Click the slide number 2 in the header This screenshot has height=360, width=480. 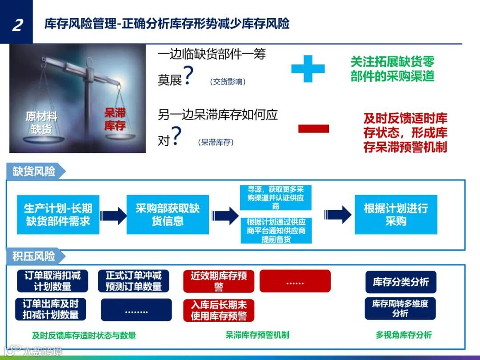(x=17, y=24)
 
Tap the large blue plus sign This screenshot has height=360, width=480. (x=308, y=68)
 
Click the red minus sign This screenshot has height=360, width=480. (x=313, y=129)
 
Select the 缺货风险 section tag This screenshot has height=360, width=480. (x=35, y=172)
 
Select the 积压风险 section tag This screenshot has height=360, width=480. (x=35, y=256)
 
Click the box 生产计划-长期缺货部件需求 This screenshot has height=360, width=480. (x=58, y=215)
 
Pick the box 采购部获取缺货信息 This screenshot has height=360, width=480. (x=168, y=215)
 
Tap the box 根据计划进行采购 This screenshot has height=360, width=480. (x=396, y=215)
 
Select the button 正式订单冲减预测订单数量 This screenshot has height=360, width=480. (x=133, y=281)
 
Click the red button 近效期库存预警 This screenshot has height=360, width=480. (x=218, y=281)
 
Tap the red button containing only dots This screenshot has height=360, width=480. (x=295, y=281)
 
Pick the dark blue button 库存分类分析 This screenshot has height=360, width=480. (x=400, y=282)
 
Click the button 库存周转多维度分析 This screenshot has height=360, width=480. (x=400, y=308)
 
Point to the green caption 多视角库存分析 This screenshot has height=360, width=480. (x=403, y=335)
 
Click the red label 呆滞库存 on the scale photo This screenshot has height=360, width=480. (x=115, y=119)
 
